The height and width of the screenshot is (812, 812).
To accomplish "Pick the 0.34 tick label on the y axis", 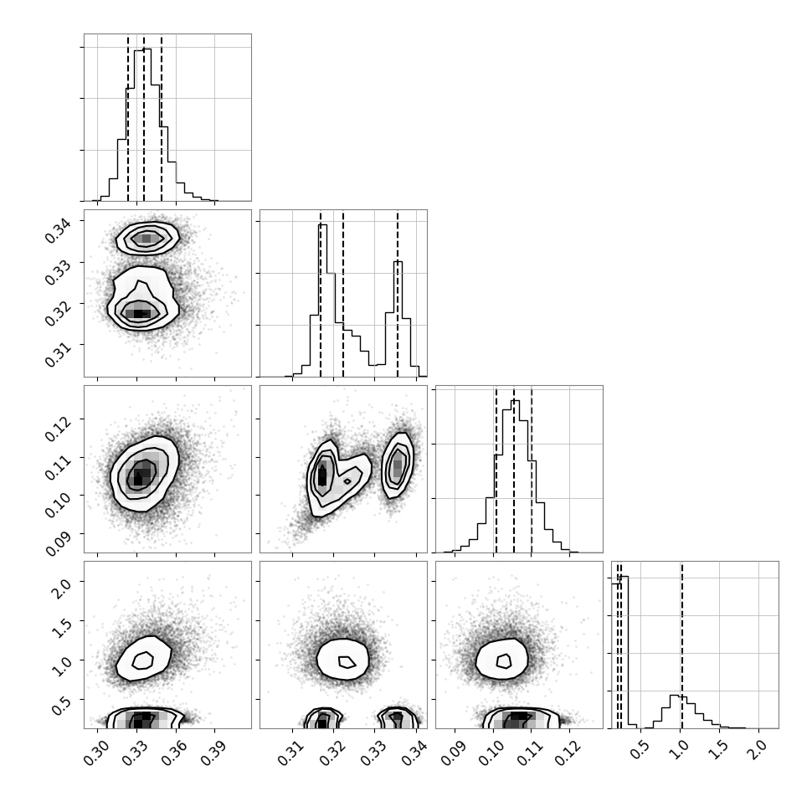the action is [58, 229].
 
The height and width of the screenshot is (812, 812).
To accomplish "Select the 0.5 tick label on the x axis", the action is [639, 750].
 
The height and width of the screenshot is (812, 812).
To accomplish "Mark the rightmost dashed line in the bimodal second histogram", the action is [398, 294].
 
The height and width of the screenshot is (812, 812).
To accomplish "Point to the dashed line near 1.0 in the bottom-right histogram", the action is [682, 645].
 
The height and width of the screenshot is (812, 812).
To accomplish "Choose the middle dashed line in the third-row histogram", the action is [514, 469].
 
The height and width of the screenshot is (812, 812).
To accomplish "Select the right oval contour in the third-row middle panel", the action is [383, 466].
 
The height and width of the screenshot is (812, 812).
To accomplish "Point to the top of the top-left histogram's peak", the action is [143, 49].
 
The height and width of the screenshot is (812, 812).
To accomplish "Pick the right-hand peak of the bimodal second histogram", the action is [398, 262].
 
